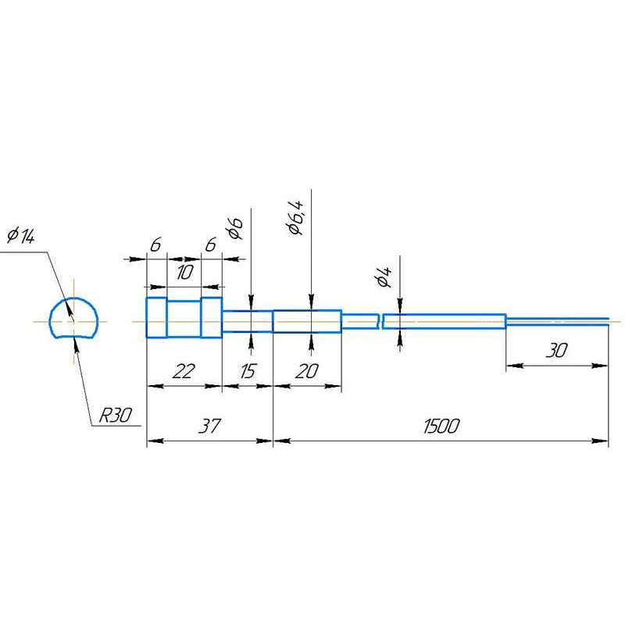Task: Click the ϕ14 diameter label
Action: [21, 236]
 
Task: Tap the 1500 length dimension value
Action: [441, 426]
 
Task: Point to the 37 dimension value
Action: [209, 426]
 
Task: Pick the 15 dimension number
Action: [247, 371]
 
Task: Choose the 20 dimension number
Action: [306, 371]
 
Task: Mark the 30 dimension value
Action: [555, 351]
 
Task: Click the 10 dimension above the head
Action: [184, 273]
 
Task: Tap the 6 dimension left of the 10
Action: [155, 245]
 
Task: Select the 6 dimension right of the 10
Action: [210, 245]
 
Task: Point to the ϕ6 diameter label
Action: [234, 227]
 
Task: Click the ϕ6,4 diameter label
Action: [295, 216]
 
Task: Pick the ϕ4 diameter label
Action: [383, 277]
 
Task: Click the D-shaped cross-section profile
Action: [73, 319]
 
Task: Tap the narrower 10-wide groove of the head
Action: [184, 319]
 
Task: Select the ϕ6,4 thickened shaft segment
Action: [307, 320]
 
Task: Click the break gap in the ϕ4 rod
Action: [380, 321]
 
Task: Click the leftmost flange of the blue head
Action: [156, 318]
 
